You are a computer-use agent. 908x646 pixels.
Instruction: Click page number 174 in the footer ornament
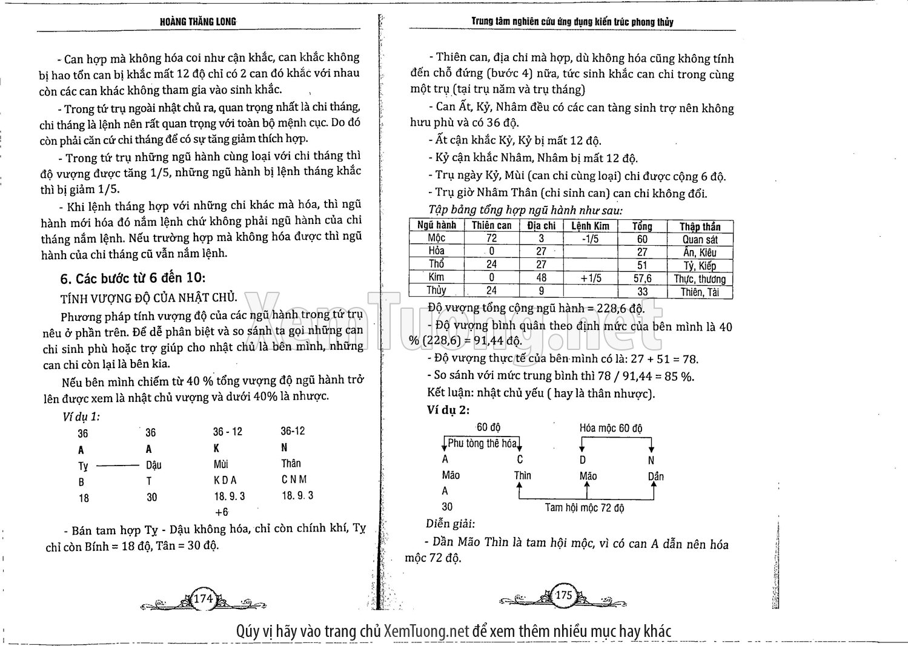(x=203, y=599)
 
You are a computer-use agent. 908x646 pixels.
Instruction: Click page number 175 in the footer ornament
(x=563, y=595)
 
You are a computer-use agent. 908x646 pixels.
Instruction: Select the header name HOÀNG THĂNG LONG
(x=198, y=22)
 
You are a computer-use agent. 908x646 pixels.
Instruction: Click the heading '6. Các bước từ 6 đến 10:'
(x=133, y=278)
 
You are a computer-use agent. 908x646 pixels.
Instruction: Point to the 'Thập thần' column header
(x=700, y=226)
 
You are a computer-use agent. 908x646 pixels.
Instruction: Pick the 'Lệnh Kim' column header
(x=590, y=226)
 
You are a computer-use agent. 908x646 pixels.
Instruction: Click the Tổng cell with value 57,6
(x=642, y=279)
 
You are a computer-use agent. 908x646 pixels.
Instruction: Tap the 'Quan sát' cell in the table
(x=700, y=239)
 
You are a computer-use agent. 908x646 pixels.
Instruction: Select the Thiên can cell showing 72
(x=491, y=239)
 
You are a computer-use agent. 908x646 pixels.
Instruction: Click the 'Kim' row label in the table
(x=436, y=277)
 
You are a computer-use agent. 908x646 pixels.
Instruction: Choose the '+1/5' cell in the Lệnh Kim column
(x=590, y=278)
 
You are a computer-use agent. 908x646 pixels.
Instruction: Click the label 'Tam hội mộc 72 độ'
(x=585, y=508)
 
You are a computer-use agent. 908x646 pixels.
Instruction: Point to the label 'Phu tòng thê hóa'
(x=482, y=443)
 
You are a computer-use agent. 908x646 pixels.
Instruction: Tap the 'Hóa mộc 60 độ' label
(x=611, y=428)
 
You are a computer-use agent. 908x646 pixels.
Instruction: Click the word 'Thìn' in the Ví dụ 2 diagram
(x=522, y=475)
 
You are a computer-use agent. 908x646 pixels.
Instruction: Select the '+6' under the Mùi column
(x=222, y=512)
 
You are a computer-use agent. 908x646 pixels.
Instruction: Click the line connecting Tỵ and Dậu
(x=118, y=466)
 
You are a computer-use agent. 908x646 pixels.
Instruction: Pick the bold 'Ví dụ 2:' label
(x=448, y=410)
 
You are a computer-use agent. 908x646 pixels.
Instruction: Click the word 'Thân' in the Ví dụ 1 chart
(x=291, y=463)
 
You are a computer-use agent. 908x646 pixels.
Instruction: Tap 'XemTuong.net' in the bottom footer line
(x=426, y=631)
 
